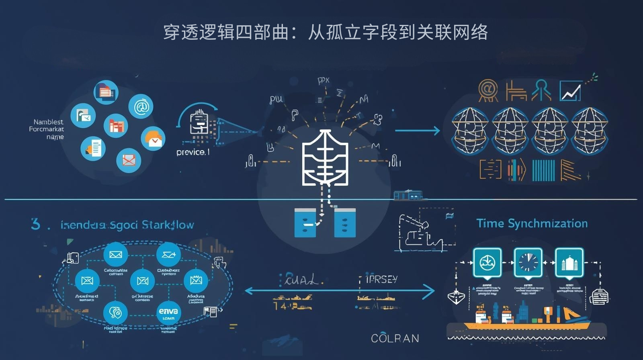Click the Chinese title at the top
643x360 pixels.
pos(325,32)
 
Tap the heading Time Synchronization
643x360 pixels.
pos(532,223)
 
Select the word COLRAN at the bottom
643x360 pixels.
pos(395,338)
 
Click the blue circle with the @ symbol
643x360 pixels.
pos(141,106)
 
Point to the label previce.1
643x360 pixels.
pos(193,152)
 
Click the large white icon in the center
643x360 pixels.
pos(325,157)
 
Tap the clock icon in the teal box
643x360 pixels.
pos(528,263)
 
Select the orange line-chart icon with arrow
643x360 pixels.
pos(570,91)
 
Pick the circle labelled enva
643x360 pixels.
pos(168,313)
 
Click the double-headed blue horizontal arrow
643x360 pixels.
pos(340,291)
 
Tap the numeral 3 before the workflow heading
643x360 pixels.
pos(35,224)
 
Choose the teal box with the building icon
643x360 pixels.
pos(569,263)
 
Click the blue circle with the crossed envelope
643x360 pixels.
pos(129,160)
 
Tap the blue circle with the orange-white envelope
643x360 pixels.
pos(153,139)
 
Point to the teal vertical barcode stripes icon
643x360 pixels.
pos(543,170)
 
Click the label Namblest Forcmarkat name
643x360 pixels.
pos(47,129)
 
